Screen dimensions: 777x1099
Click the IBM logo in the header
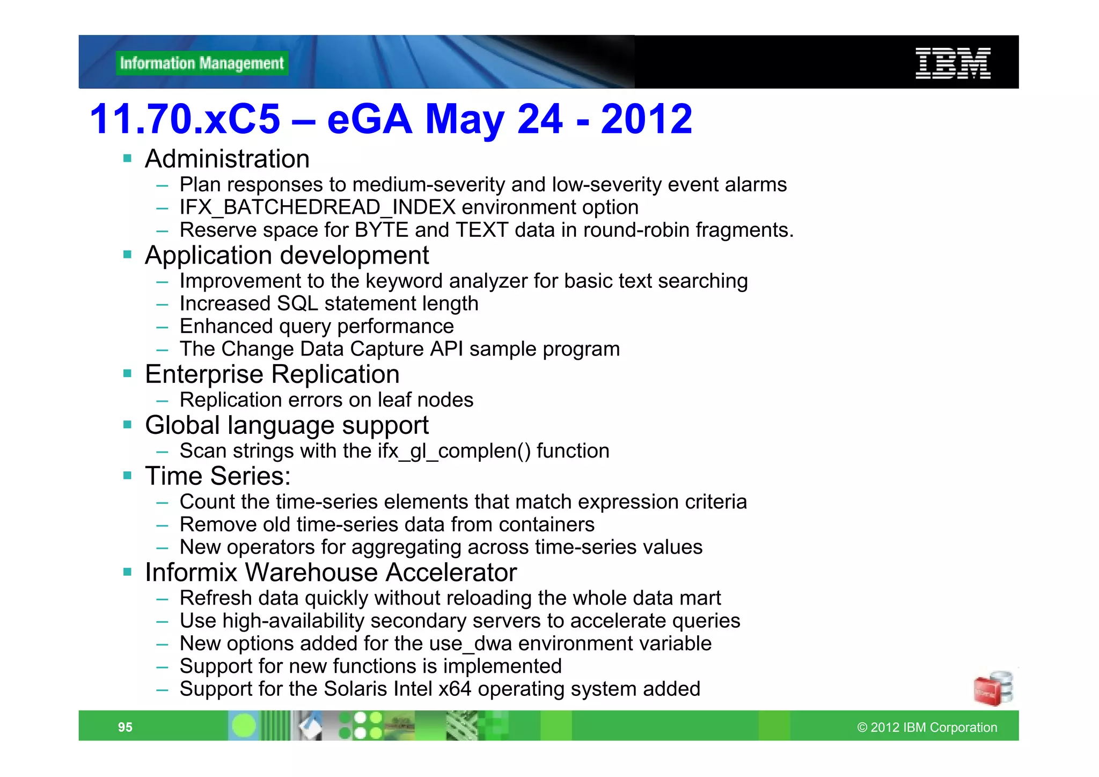click(953, 63)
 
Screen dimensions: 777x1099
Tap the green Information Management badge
click(202, 63)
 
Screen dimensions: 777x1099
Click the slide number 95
click(125, 727)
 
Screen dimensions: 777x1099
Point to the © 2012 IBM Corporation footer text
click(927, 727)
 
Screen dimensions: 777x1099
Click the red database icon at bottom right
click(992, 688)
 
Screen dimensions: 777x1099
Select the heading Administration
click(227, 159)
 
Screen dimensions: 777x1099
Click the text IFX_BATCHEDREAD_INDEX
click(317, 207)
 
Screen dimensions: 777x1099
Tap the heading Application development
click(287, 256)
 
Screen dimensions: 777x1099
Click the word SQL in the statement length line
click(297, 304)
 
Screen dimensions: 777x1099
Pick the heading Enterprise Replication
click(272, 374)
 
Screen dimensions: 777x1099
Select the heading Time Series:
click(217, 476)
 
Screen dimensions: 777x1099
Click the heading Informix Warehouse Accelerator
click(331, 572)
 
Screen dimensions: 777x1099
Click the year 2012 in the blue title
click(646, 119)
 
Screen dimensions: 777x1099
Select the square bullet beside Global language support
click(127, 425)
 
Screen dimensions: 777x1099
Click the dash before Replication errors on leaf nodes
click(162, 401)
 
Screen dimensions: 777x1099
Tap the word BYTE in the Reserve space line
click(382, 230)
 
